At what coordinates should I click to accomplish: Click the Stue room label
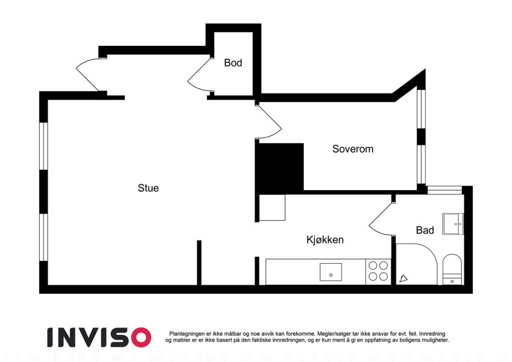tap(148, 188)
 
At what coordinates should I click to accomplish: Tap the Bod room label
tap(233, 62)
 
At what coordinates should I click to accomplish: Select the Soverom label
tap(353, 148)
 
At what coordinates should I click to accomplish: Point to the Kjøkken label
tap(325, 240)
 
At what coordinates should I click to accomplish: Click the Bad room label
tap(425, 230)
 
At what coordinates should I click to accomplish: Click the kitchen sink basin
tap(330, 272)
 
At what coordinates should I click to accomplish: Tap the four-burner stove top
tap(378, 270)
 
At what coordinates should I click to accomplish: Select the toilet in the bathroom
tap(452, 269)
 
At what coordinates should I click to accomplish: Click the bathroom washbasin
tap(453, 224)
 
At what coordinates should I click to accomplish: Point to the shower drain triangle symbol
tap(403, 278)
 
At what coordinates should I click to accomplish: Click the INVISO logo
tap(100, 337)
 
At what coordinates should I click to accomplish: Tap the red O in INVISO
tap(141, 337)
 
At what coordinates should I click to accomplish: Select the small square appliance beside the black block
tap(272, 208)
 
